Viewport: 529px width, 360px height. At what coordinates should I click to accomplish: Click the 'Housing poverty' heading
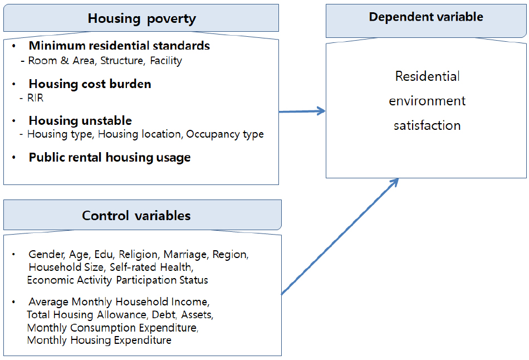141,18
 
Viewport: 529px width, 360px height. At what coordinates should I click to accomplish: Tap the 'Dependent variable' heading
426,17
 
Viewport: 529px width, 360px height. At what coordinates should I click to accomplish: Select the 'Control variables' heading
136,216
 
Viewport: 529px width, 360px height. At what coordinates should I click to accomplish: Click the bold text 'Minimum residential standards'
119,46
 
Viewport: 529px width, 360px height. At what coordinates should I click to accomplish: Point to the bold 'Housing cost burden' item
90,84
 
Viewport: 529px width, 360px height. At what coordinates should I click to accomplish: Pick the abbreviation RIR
35,98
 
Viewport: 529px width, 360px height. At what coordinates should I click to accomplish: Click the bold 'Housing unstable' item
80,120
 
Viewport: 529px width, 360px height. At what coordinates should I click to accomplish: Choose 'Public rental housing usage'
110,158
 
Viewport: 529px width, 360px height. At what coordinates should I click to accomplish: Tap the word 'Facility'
166,61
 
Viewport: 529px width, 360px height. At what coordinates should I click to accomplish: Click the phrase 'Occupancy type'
225,134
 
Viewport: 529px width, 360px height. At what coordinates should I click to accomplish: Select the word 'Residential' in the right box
427,76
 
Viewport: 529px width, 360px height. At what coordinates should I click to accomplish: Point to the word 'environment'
427,101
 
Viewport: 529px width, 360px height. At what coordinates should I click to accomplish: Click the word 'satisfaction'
427,125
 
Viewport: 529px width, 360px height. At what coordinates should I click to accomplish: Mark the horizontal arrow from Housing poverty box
302,111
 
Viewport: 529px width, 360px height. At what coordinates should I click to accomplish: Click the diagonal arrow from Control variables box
340,236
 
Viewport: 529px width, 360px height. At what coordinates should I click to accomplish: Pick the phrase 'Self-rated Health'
151,267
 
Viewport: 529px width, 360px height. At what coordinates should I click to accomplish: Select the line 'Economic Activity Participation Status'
117,280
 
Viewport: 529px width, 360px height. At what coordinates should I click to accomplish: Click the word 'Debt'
164,315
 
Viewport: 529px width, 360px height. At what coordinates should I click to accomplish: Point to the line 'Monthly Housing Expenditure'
99,340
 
